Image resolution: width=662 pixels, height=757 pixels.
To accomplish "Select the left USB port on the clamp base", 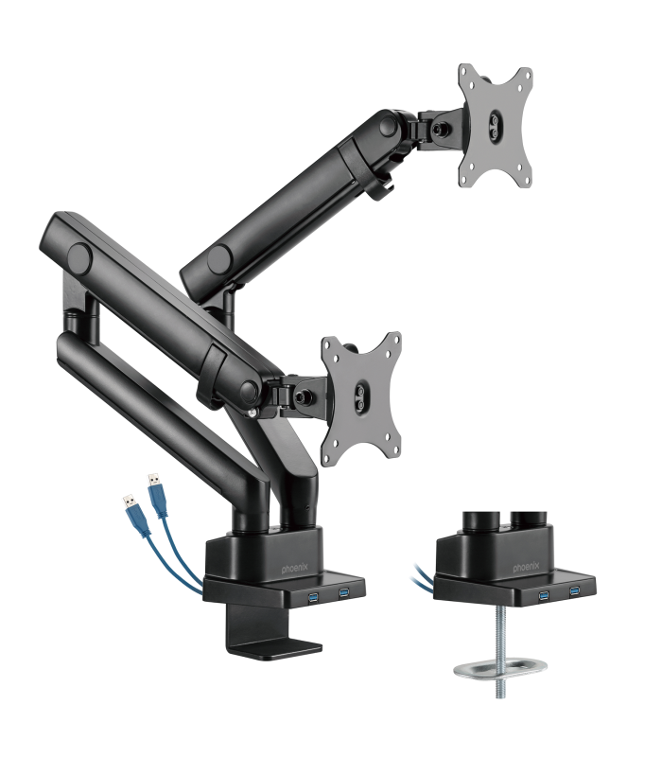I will (313, 595).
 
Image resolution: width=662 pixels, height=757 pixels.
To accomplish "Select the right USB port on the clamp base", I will (343, 594).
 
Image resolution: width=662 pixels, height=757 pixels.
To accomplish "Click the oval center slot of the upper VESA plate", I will (496, 122).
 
